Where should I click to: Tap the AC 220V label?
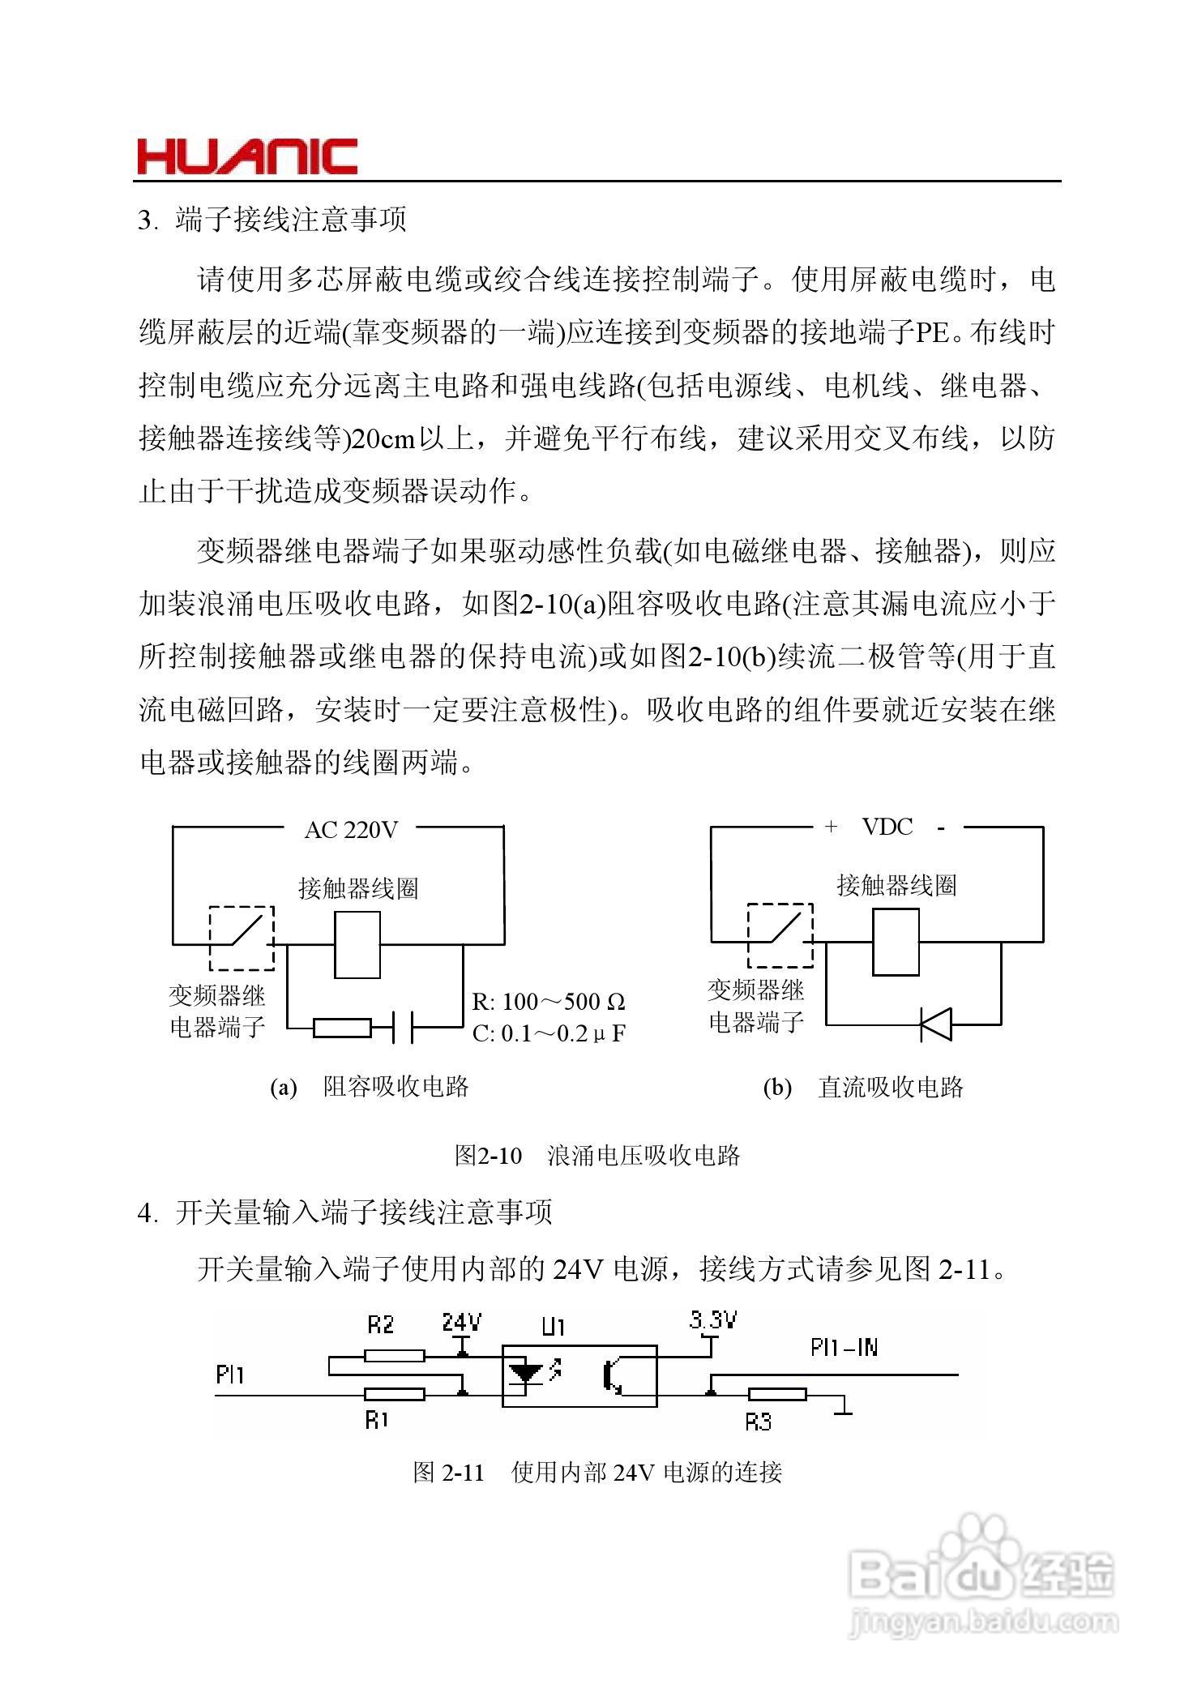click(351, 830)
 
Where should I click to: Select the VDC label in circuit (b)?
click(887, 827)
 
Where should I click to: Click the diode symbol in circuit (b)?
click(936, 1024)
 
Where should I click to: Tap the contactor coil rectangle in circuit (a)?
click(357, 944)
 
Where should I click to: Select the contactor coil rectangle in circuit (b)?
click(896, 941)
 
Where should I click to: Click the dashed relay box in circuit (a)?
click(242, 938)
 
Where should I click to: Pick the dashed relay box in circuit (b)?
click(780, 935)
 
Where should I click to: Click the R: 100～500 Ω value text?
click(549, 1002)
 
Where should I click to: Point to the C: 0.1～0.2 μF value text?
click(549, 1033)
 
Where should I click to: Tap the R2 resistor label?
click(380, 1324)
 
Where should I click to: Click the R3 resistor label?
click(759, 1421)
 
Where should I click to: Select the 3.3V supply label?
click(712, 1320)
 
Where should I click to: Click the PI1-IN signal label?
click(844, 1347)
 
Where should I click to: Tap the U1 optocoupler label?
click(554, 1327)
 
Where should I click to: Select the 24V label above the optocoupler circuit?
click(461, 1323)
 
